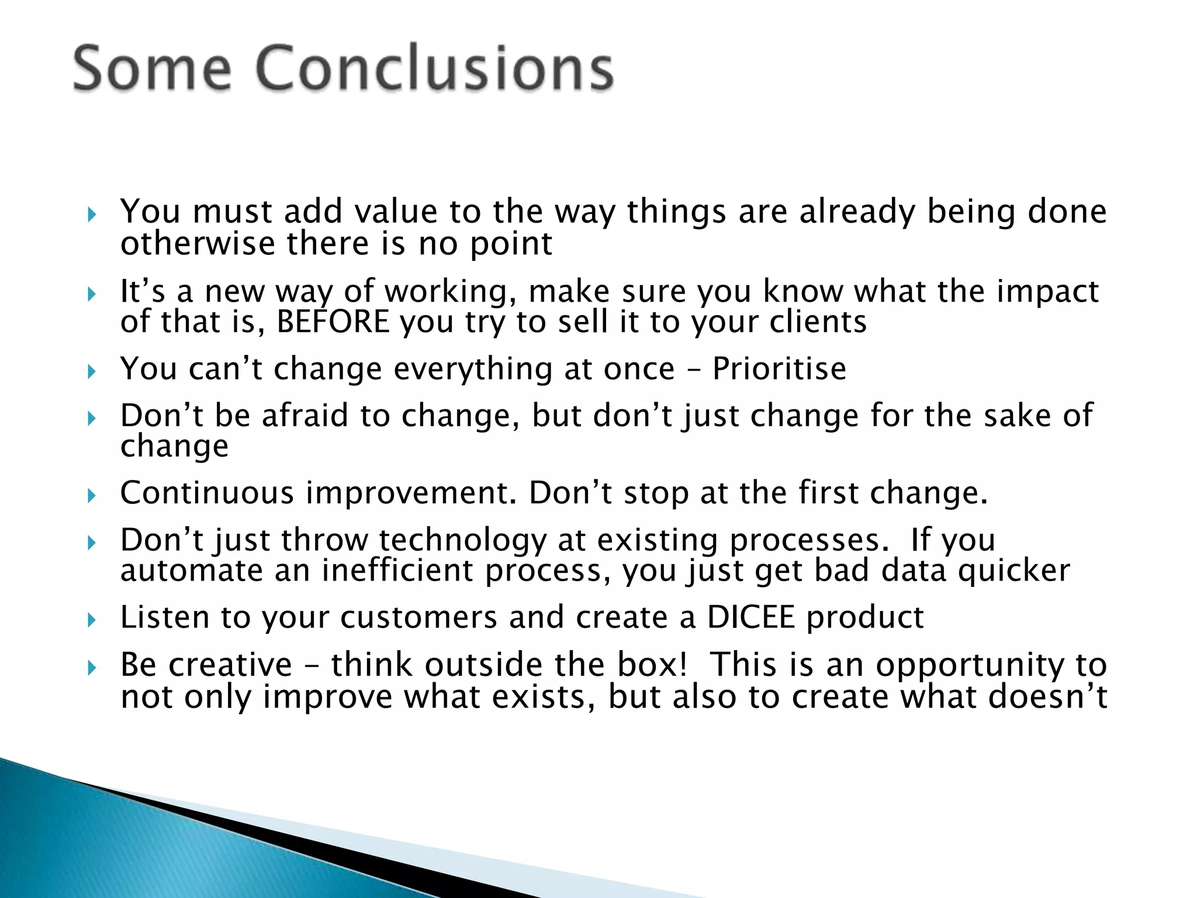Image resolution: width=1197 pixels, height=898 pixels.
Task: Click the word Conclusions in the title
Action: click(435, 69)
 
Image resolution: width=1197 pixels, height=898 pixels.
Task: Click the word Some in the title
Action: click(152, 69)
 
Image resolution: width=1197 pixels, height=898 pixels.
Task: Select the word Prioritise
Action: click(779, 369)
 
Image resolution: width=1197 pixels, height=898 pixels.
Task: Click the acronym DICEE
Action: click(751, 617)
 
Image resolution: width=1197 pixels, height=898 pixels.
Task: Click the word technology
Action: click(462, 540)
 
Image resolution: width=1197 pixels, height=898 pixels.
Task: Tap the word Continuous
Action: click(207, 493)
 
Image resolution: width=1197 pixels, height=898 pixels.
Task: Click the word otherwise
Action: click(198, 244)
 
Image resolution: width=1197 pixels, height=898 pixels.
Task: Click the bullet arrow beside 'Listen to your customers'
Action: click(91, 620)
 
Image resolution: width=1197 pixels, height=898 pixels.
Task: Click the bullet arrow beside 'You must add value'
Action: click(91, 215)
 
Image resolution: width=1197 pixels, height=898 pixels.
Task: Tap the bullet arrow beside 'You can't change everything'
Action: click(91, 371)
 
